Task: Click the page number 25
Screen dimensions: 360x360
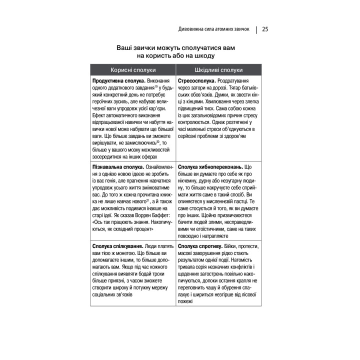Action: [265, 29]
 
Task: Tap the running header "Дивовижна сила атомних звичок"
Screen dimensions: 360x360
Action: [213, 29]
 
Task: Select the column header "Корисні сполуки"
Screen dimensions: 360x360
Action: [133, 70]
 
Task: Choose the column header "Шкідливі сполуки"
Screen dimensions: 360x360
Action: [218, 70]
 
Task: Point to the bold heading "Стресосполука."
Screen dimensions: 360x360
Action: [197, 80]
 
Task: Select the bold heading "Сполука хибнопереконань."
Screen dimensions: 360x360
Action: [210, 166]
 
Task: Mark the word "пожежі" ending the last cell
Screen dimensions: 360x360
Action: [185, 302]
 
